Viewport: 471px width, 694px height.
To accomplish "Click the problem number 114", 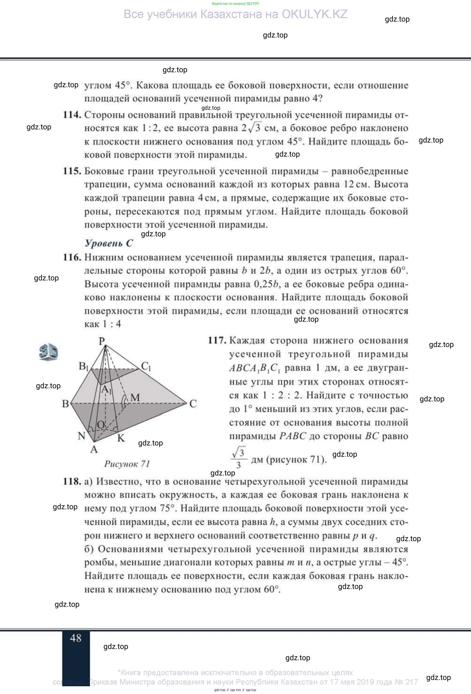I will point(72,115).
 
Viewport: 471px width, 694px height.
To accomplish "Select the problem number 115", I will point(72,171).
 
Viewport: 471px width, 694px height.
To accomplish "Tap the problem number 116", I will point(72,257).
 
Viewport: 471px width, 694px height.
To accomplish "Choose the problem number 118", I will point(72,482).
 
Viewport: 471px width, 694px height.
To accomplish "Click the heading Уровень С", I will point(109,243).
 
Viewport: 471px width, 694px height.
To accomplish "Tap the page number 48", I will point(76,638).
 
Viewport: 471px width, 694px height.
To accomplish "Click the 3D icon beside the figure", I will point(48,353).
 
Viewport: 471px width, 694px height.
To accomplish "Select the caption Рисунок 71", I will point(127,464).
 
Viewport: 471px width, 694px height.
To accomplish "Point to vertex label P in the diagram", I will point(102,340).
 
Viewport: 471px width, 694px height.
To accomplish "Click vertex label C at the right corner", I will point(193,404).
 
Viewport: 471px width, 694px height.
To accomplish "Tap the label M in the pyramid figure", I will point(135,397).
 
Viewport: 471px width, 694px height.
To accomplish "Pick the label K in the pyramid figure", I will point(121,438).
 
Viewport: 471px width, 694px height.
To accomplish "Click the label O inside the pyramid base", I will point(101,424).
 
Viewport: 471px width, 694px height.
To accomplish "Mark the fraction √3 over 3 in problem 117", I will point(239,458).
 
